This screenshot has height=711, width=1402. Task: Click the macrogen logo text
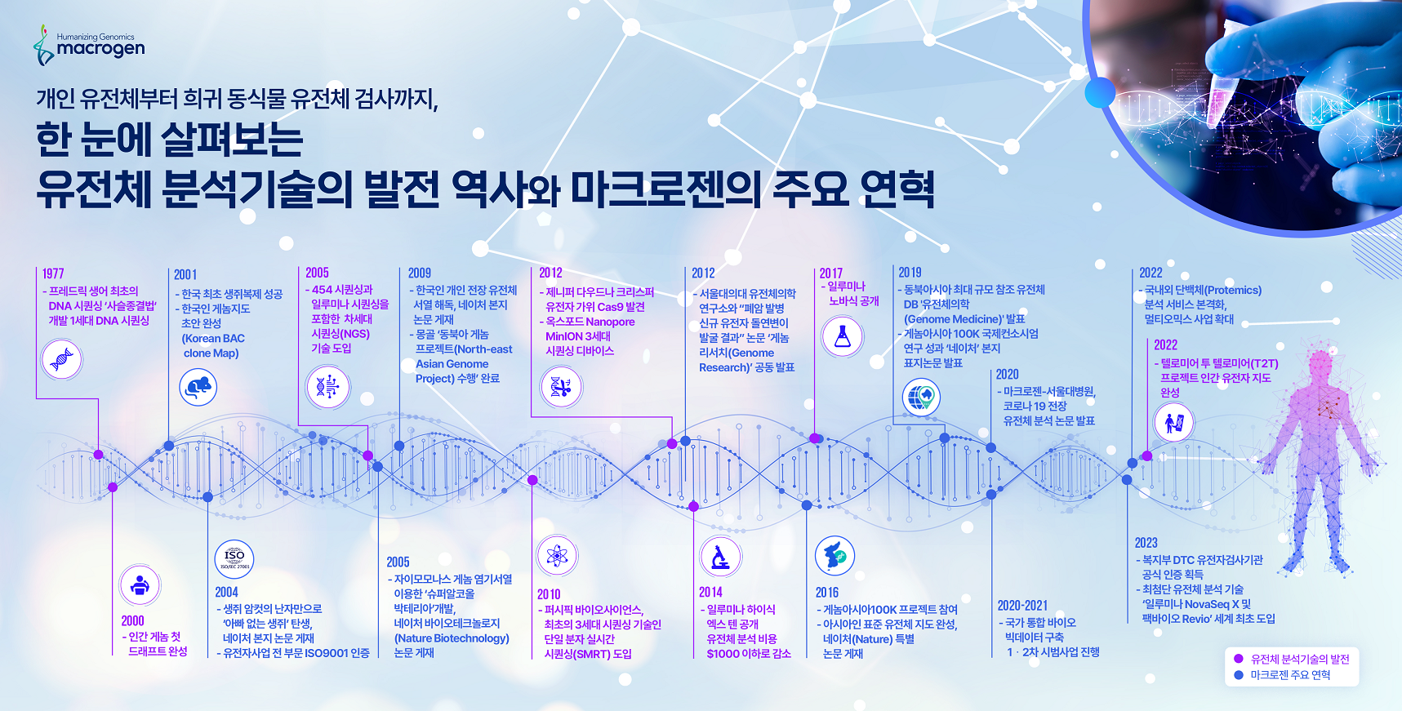click(100, 49)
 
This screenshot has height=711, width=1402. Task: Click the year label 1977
click(53, 273)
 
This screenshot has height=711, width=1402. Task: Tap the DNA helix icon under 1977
click(62, 359)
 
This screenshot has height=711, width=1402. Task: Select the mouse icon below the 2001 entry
click(198, 386)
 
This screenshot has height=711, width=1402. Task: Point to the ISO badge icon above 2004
click(234, 559)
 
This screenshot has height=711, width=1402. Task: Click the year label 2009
click(420, 273)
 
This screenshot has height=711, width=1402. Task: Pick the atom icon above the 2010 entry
click(557, 556)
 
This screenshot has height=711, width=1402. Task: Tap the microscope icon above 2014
click(720, 557)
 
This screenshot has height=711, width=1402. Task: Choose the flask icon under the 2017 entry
click(843, 336)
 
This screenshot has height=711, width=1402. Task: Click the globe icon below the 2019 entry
click(921, 398)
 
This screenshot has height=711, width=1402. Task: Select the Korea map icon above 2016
click(835, 556)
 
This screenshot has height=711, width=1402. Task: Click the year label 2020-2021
click(1022, 606)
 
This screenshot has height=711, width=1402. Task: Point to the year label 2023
click(1146, 543)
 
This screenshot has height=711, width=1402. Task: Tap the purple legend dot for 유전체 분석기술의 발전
click(1238, 659)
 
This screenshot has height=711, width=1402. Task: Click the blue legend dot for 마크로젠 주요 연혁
click(1238, 675)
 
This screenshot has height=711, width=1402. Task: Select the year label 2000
click(132, 621)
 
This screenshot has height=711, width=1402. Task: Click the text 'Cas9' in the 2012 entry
click(610, 307)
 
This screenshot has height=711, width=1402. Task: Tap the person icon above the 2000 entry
click(140, 585)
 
